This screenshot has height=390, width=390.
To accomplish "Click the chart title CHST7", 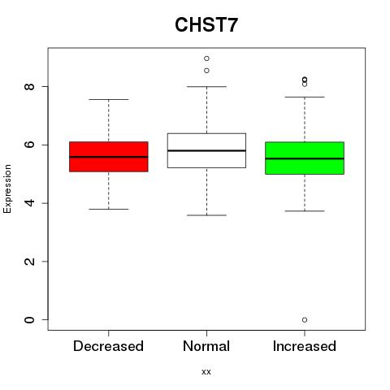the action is [206, 24].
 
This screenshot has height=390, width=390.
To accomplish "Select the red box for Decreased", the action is [109, 157].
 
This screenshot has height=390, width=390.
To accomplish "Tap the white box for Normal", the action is [206, 150].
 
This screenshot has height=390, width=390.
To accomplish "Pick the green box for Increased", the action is [305, 158].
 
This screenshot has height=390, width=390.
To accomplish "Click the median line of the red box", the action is [109, 157].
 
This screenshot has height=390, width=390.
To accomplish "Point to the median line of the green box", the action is [305, 158].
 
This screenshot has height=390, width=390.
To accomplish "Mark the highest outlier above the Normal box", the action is [206, 58].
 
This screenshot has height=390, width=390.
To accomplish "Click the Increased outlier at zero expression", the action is [305, 320].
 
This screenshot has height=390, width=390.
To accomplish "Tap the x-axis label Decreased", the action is [108, 346].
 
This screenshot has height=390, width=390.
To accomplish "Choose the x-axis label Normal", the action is [206, 346].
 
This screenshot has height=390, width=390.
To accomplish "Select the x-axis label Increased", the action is [305, 346].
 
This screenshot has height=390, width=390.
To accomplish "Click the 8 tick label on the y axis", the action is [29, 87].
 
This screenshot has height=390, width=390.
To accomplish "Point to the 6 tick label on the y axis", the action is [29, 145].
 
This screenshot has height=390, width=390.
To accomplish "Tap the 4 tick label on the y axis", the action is [29, 203].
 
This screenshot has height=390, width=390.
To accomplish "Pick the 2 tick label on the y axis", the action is [29, 262].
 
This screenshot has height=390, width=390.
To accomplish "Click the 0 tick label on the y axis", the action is [29, 320].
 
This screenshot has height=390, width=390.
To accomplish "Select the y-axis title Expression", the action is [7, 188].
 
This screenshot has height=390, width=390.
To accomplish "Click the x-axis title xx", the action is [206, 372].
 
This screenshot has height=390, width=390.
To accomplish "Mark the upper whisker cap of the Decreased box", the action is [109, 99].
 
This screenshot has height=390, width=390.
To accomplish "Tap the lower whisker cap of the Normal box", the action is [206, 215].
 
